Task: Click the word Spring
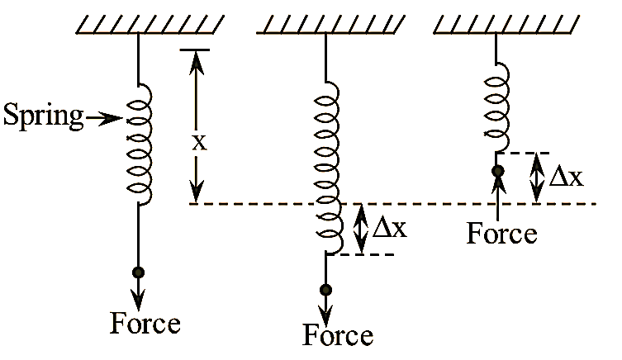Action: tap(44, 116)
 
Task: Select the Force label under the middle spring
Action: tap(338, 335)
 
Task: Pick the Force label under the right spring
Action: tap(501, 233)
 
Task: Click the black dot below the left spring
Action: tap(138, 272)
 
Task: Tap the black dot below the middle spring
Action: tap(326, 289)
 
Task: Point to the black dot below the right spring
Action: tap(497, 172)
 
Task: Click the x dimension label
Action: tap(198, 141)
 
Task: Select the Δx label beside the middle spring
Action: tap(389, 228)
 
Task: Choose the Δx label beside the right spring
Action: tap(567, 177)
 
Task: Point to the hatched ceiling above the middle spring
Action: tap(329, 24)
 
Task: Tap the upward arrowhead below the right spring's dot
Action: tap(497, 185)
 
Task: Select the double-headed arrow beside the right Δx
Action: tap(537, 178)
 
